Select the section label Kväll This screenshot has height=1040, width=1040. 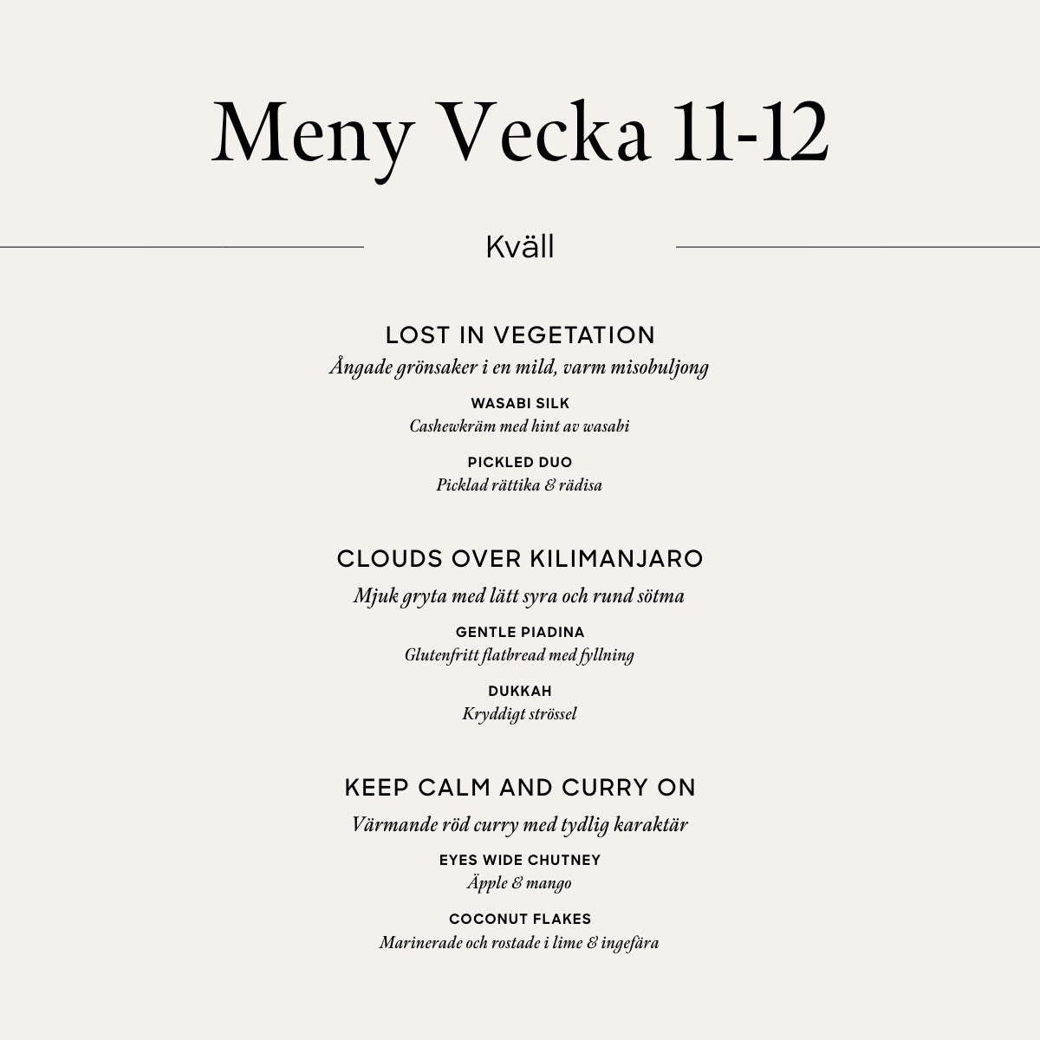(520, 247)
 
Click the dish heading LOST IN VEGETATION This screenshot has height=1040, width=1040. (520, 335)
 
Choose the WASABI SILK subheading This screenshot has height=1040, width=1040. (520, 403)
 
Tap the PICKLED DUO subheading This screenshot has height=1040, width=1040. (520, 462)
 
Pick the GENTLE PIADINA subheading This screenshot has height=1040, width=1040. (520, 632)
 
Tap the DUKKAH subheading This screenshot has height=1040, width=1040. (520, 691)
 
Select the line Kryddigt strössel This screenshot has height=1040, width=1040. (520, 714)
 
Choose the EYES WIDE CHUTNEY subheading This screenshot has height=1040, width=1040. (520, 860)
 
